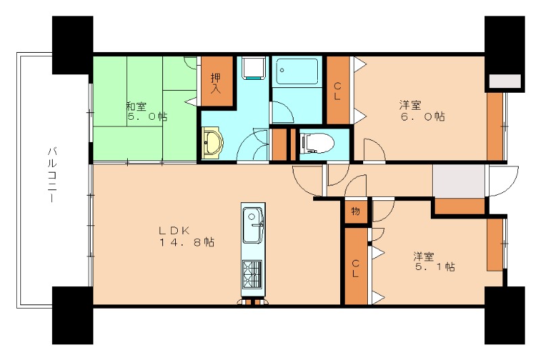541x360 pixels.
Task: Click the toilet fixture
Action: point(317,143)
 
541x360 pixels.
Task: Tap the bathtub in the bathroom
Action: point(297,71)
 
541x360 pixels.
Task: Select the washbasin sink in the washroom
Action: point(212,143)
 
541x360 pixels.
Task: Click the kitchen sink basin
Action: point(253,225)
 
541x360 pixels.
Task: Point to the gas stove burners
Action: point(252,275)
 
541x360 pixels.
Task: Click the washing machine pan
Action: point(254,68)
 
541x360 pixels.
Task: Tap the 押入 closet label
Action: point(216,83)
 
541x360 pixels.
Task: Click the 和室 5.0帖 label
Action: point(146,111)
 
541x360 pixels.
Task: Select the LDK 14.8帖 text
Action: point(187,236)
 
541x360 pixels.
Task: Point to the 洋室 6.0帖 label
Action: point(422,110)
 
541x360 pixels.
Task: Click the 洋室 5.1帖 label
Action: point(434,262)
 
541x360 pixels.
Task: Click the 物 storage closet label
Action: point(356,211)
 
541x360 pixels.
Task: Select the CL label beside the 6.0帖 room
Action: point(337,91)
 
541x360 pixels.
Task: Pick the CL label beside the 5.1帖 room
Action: point(356,269)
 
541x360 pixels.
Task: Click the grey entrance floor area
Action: point(458,181)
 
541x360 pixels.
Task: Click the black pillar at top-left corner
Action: point(72,45)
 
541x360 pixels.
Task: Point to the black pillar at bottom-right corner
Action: point(504,315)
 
